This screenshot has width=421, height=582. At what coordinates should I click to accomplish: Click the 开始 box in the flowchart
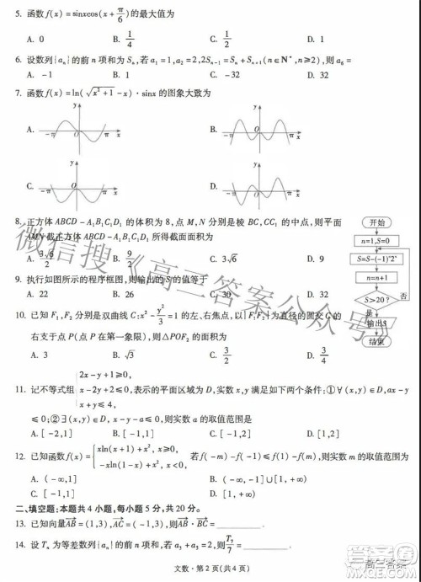(376, 222)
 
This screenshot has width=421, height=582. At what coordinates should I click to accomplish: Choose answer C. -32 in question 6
(226, 73)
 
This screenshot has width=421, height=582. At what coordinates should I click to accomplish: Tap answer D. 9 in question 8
(316, 259)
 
